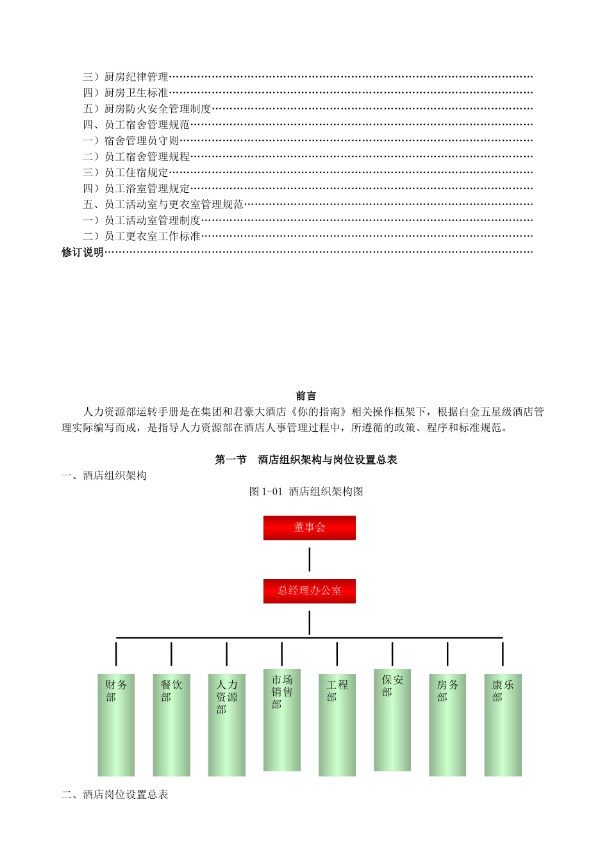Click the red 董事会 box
click(309, 527)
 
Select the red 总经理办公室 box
click(309, 591)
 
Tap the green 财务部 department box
click(116, 725)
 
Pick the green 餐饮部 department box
click(171, 725)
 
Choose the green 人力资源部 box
click(226, 725)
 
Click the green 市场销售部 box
click(281, 719)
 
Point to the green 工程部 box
click(337, 725)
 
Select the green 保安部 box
click(392, 719)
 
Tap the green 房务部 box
click(447, 725)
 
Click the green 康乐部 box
click(503, 725)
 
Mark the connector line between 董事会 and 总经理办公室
click(310, 559)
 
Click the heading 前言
click(306, 396)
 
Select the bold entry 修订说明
click(83, 252)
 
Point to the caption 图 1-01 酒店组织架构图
click(306, 491)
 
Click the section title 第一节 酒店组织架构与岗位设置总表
click(306, 459)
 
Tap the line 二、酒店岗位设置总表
click(115, 794)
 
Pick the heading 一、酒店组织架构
click(104, 475)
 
